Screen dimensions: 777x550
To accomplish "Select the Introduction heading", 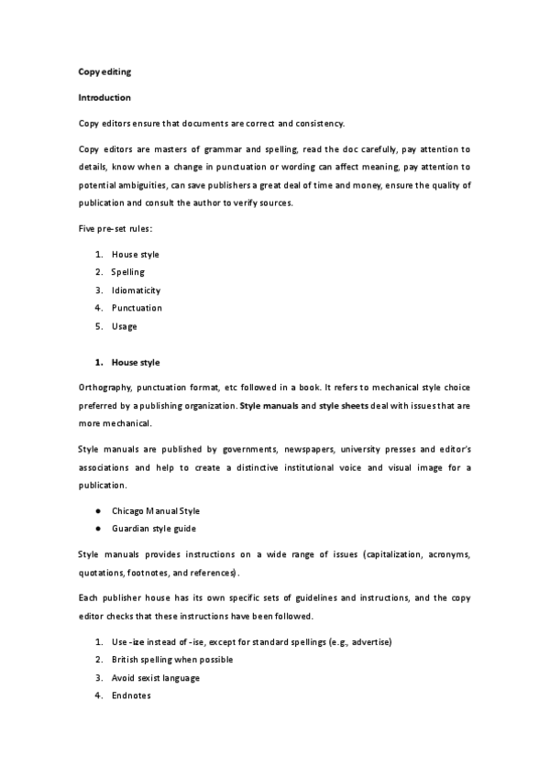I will pos(104,96).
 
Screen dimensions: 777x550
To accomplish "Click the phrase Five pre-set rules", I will pos(115,227).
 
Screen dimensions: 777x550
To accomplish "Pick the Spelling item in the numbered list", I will pos(128,272).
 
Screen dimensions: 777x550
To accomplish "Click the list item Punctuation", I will pos(137,308).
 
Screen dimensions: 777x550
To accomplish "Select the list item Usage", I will pos(125,326).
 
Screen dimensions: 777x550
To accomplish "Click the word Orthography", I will pos(105,388).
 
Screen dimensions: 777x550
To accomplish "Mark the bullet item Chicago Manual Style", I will pos(155,510).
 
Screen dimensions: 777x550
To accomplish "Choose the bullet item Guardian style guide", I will pos(153,529).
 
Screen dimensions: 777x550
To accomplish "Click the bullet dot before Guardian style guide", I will pos(97,529).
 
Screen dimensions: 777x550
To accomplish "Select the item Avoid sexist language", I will pos(156,678).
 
